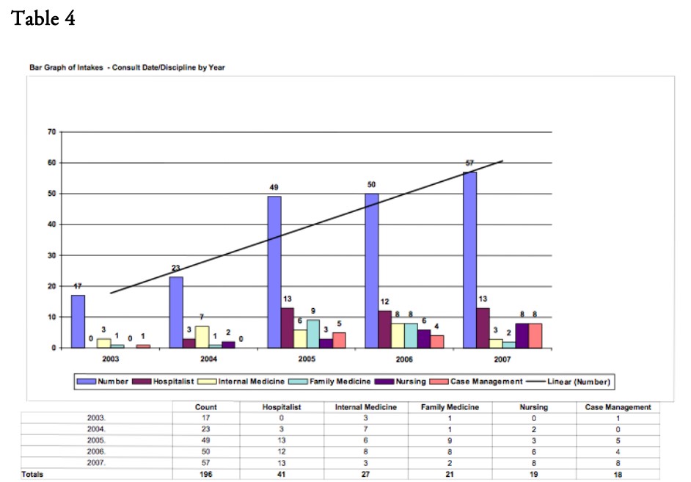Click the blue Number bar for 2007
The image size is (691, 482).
point(469,260)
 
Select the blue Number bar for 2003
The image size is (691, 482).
point(78,321)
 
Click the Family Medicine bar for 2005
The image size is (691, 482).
point(313,334)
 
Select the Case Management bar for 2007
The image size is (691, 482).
point(535,335)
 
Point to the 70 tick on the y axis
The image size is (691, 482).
point(51,133)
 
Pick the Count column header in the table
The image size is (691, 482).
point(205,407)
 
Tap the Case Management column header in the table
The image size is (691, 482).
point(618,407)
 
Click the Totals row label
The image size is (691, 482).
point(32,475)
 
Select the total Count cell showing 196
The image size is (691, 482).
point(205,475)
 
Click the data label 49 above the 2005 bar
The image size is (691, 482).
point(274,188)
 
